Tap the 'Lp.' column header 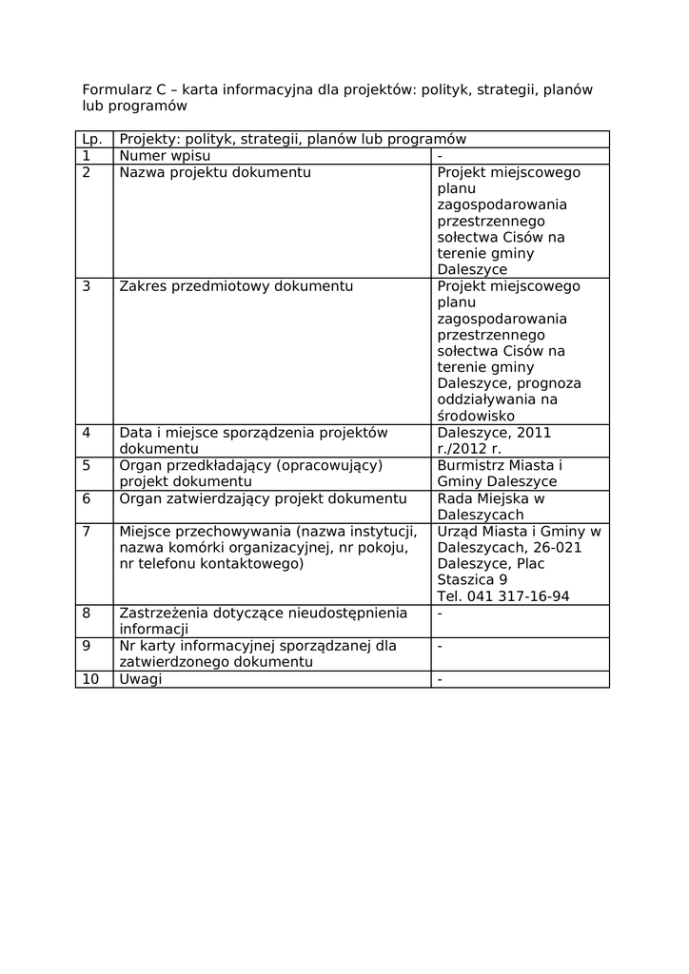click(x=92, y=140)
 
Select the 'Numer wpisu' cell click(x=165, y=156)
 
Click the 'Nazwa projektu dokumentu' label click(x=214, y=172)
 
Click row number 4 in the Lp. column click(x=87, y=433)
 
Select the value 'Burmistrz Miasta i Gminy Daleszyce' click(x=500, y=474)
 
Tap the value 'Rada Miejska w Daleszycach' click(x=490, y=507)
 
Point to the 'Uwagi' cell click(x=141, y=679)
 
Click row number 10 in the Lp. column click(x=90, y=679)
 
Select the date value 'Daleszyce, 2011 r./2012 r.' click(x=494, y=440)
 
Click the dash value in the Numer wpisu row click(x=440, y=156)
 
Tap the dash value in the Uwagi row click(x=440, y=679)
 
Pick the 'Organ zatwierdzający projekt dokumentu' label click(x=263, y=498)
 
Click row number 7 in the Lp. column click(x=87, y=531)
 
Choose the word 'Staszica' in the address click(x=466, y=579)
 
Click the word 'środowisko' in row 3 click(x=476, y=416)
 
